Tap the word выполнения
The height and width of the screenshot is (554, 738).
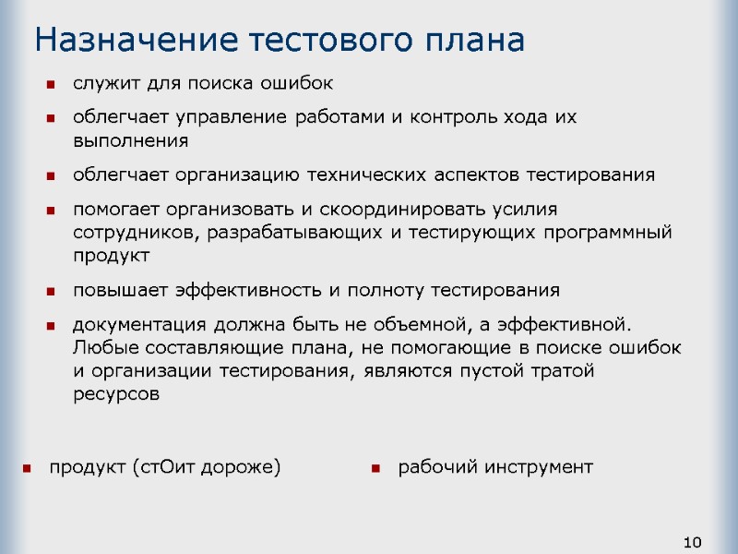[x=129, y=141]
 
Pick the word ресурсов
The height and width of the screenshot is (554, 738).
[x=115, y=393]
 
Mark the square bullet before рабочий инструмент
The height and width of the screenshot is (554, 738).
[x=376, y=469]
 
